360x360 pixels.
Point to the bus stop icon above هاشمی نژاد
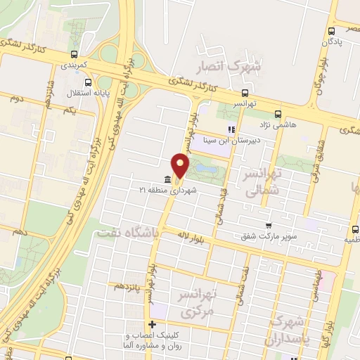point(278,113)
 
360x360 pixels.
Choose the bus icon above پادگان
point(332,30)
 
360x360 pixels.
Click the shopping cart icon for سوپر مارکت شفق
point(269,226)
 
